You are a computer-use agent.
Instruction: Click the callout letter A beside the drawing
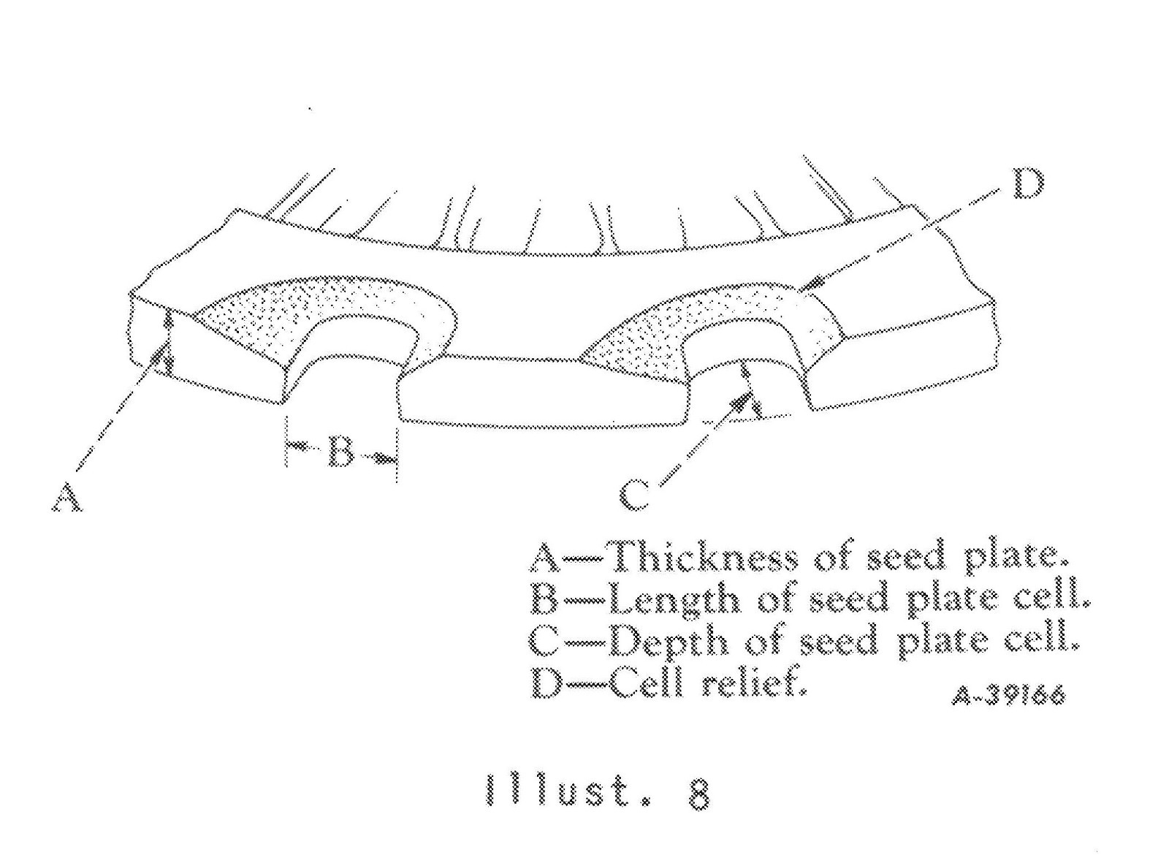66,497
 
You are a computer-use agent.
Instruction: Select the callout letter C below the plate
634,495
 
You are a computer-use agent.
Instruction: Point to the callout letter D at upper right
1028,184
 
